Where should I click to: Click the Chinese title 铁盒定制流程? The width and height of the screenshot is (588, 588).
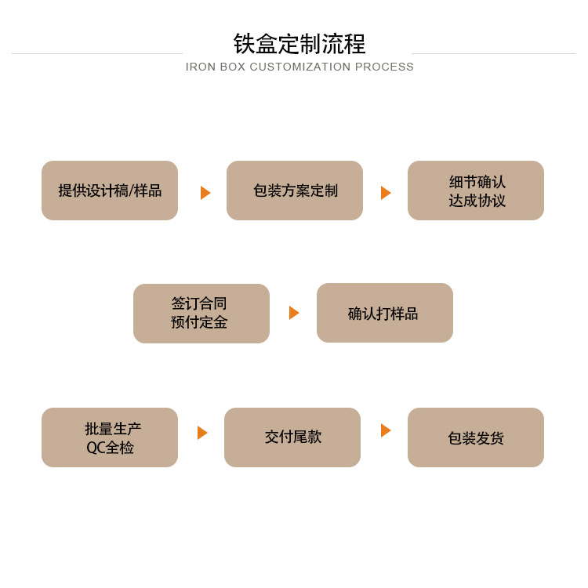tap(299, 43)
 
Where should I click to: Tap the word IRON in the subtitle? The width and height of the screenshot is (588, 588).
tap(201, 67)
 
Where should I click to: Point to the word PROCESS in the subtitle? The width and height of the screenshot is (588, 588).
tap(384, 67)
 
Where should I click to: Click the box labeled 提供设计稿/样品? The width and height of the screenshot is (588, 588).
tap(110, 191)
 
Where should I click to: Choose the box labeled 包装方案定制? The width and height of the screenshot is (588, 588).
tap(295, 191)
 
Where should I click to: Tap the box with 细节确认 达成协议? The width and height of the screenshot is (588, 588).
tap(476, 191)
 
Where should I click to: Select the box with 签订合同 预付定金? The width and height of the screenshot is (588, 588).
tap(201, 314)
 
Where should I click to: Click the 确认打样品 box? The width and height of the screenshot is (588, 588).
tap(385, 314)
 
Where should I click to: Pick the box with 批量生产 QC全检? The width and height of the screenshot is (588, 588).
tap(110, 437)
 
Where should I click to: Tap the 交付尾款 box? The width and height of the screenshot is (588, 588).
tap(292, 437)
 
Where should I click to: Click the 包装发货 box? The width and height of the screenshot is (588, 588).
tap(476, 437)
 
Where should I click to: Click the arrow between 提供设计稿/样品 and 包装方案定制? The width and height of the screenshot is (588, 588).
tap(205, 193)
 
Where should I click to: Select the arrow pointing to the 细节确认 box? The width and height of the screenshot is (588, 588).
tap(386, 193)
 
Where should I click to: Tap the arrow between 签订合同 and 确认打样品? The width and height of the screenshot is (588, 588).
tap(294, 313)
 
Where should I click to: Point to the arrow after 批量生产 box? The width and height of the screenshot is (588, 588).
tap(202, 433)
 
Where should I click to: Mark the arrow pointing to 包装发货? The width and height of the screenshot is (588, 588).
tap(386, 430)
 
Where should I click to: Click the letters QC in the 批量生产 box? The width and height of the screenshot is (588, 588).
tap(96, 448)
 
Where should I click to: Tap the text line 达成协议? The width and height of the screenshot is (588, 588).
tap(477, 201)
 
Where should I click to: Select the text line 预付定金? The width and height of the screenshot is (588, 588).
tap(199, 322)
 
